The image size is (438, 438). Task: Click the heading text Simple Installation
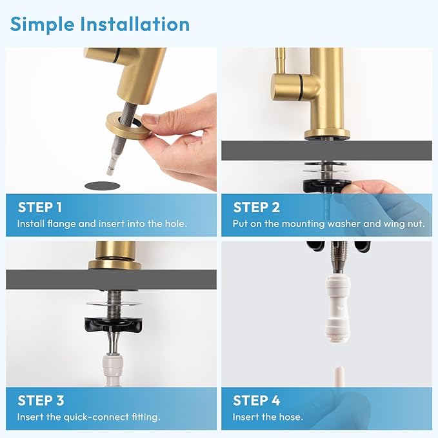pyautogui.click(x=100, y=25)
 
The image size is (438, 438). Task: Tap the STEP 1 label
pyautogui.click(x=40, y=207)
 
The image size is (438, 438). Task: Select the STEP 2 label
pyautogui.click(x=256, y=207)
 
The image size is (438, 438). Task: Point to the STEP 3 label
pyautogui.click(x=41, y=401)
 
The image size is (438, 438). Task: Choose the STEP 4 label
pyautogui.click(x=257, y=401)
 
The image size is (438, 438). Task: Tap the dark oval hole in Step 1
pyautogui.click(x=103, y=185)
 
